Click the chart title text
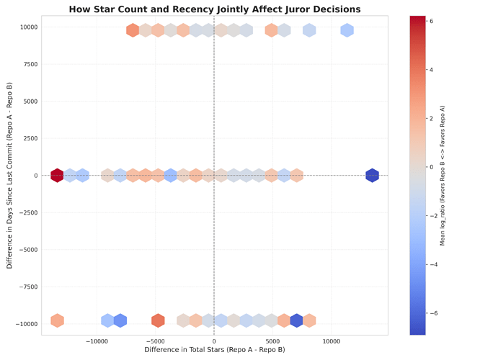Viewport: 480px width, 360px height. point(215,9)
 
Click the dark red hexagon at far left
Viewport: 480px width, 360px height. point(58,175)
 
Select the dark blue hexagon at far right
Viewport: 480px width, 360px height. point(372,175)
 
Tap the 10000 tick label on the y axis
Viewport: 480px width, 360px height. point(28,27)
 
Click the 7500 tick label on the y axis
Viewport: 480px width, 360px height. point(30,64)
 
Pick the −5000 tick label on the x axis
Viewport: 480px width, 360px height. point(155,341)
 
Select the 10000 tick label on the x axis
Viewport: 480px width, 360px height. point(332,341)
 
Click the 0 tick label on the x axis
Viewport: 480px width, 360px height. point(214,341)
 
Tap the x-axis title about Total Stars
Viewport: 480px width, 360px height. point(215,350)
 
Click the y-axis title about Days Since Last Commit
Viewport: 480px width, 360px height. point(9,175)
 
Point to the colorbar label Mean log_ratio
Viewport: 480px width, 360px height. point(443,175)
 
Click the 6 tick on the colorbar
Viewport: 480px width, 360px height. point(430,22)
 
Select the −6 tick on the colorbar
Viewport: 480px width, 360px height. point(432,313)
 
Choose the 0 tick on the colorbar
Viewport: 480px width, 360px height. point(430,167)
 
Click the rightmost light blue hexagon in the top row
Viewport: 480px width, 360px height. point(347,30)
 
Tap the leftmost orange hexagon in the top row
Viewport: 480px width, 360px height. point(133,30)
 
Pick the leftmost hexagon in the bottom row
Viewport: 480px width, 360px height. point(58,320)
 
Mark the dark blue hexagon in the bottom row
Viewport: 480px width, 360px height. point(296,320)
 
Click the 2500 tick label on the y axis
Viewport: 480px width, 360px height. point(30,138)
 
